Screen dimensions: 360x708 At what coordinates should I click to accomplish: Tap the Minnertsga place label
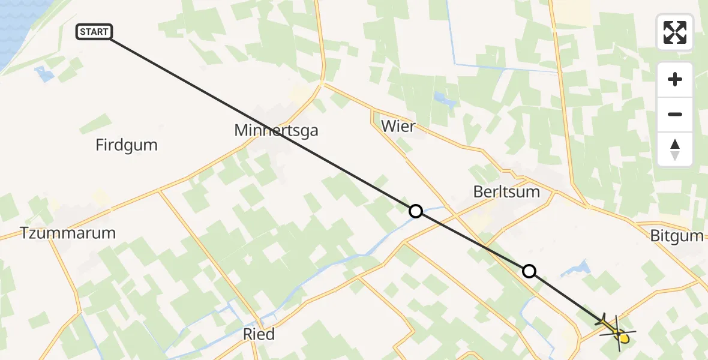[x=276, y=130]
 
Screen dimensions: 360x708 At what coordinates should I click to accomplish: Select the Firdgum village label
[x=126, y=145]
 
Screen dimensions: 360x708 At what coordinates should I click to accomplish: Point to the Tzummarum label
[x=67, y=233]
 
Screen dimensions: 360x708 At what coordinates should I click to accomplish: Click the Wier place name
[x=398, y=126]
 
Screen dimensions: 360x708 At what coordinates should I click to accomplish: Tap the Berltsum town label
[x=506, y=192]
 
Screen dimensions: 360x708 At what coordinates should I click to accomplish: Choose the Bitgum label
[x=676, y=236]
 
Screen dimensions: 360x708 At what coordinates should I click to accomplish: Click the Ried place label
[x=259, y=334]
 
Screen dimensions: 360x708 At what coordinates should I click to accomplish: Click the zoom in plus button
[x=675, y=79]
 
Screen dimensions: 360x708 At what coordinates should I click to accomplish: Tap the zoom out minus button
[x=675, y=115]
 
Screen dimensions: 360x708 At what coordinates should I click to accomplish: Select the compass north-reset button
[x=675, y=149]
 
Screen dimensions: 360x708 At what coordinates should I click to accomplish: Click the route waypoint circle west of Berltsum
[x=415, y=211]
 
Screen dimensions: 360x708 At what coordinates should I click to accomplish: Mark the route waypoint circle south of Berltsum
[x=529, y=271]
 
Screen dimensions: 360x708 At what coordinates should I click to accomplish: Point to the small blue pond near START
[x=44, y=74]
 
